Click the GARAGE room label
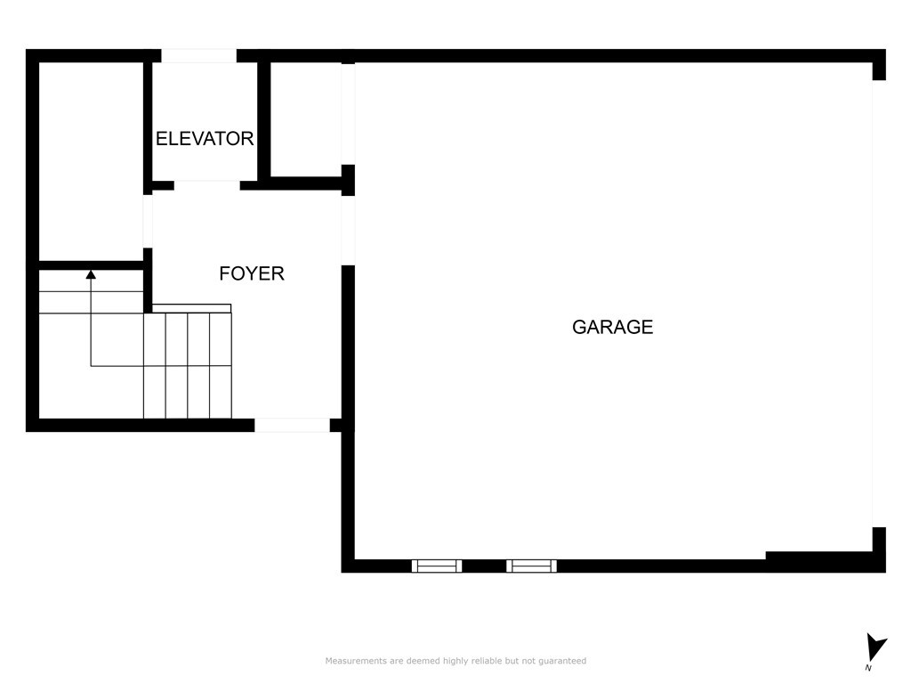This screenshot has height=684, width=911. (x=612, y=327)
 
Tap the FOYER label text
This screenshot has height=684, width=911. (x=252, y=273)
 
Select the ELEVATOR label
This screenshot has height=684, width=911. (x=205, y=138)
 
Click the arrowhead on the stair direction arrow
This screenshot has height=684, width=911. (x=91, y=274)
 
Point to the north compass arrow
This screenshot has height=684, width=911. (x=875, y=647)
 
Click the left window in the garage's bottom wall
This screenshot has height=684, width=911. (x=437, y=566)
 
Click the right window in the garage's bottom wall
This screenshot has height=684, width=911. (x=532, y=566)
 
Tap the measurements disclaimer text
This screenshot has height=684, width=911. (x=455, y=661)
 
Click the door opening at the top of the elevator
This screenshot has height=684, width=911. (x=198, y=56)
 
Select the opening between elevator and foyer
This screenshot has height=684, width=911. (x=206, y=185)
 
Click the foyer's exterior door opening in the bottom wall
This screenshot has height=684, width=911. (x=292, y=425)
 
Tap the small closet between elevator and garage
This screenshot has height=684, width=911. (x=306, y=119)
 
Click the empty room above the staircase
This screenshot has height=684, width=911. (x=92, y=162)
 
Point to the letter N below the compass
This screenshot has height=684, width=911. (x=868, y=668)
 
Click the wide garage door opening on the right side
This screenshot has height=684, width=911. (x=879, y=304)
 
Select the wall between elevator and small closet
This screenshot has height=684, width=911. (x=263, y=119)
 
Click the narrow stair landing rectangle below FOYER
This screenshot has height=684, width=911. (x=192, y=308)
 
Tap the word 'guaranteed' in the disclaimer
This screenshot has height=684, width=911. (x=562, y=661)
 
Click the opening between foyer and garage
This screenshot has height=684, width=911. (x=348, y=231)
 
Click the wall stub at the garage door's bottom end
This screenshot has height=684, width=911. (x=879, y=550)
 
